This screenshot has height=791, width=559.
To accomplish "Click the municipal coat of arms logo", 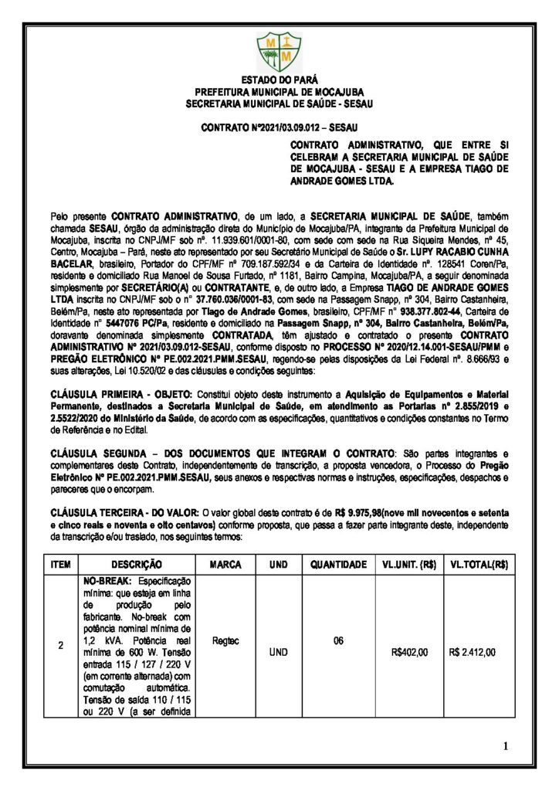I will (x=279, y=49).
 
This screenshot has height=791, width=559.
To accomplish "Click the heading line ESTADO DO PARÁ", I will (x=279, y=80).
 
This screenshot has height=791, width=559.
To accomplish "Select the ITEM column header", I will (x=60, y=565).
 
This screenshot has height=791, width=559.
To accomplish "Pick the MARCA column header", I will (x=225, y=565).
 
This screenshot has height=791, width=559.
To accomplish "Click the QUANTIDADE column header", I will (x=338, y=565).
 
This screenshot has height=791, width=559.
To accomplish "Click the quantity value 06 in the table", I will (x=337, y=640).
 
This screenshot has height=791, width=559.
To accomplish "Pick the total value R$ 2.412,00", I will (x=473, y=652).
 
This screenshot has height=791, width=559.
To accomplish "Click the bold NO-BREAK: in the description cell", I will (x=103, y=580).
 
